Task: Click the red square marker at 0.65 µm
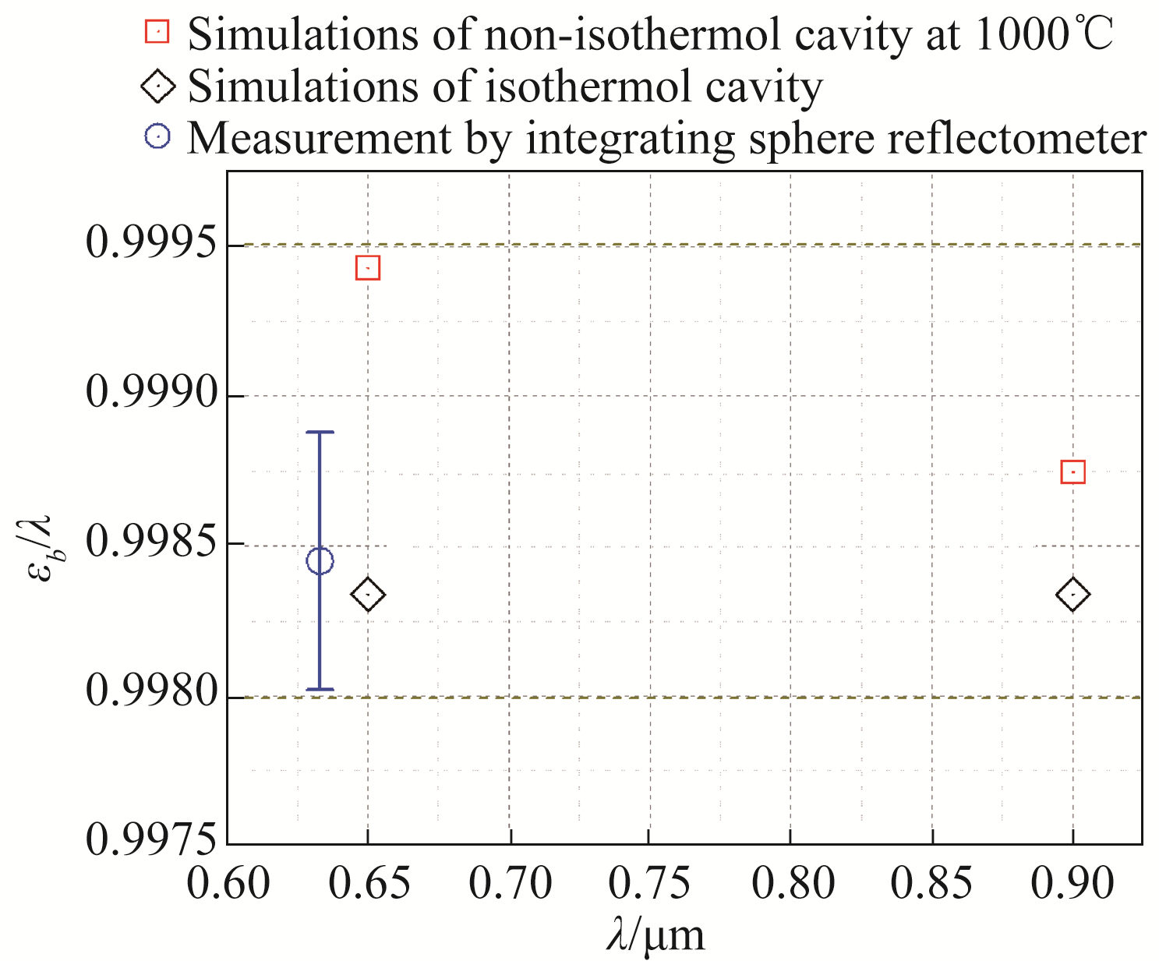[x=367, y=268]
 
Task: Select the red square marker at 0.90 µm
[x=1073, y=472]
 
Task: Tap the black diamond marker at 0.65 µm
[x=368, y=595]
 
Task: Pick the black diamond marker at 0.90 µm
[x=1073, y=595]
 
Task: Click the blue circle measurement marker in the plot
[x=320, y=560]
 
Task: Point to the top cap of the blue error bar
[x=320, y=432]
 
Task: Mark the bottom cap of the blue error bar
[x=320, y=689]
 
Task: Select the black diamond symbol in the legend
[x=157, y=86]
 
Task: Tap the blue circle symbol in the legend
[x=157, y=138]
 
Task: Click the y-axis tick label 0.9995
[x=150, y=245]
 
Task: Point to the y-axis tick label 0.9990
[x=150, y=394]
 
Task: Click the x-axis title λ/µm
[x=655, y=935]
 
